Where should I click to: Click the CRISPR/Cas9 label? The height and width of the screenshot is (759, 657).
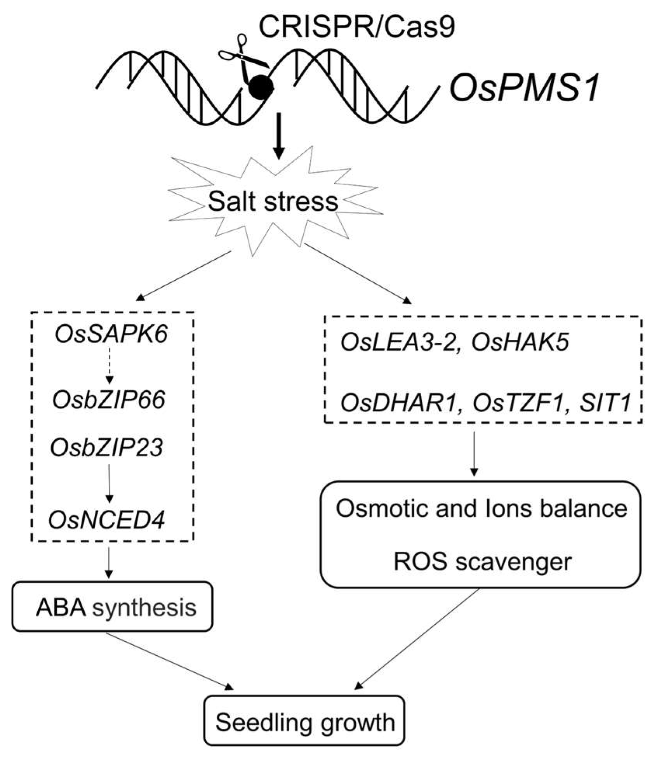tap(356, 27)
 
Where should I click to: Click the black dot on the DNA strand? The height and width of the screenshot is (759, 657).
tap(261, 88)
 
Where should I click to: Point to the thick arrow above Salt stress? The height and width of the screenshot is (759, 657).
tap(278, 136)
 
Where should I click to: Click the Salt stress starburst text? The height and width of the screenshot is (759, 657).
tap(273, 202)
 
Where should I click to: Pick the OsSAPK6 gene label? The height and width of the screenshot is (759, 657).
tap(111, 334)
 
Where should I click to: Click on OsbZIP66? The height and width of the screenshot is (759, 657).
tap(109, 400)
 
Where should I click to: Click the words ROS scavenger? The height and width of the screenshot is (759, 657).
tap(482, 561)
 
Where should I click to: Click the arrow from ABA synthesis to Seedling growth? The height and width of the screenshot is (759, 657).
tap(171, 661)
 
